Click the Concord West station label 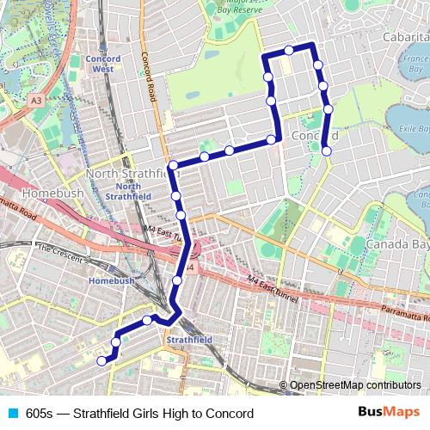coord(102,64)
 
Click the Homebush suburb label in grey coord(53,193)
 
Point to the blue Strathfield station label coord(189,340)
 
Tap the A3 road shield coord(35,101)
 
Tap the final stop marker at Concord coord(327,151)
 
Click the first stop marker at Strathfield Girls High coord(101,361)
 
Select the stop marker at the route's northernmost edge coord(289,50)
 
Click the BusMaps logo coord(388,412)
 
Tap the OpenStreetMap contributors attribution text coord(354,385)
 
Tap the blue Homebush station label coord(112,281)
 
